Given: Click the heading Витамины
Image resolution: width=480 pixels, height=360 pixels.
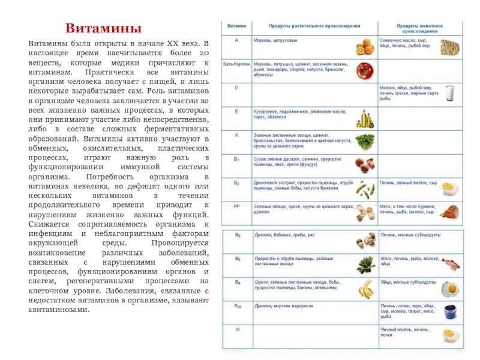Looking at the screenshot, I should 103,29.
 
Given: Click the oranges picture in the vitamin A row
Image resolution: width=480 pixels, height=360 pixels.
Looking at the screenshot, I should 364,47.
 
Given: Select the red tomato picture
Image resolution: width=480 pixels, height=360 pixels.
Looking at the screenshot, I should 364,71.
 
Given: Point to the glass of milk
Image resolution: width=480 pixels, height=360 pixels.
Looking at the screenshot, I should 449,93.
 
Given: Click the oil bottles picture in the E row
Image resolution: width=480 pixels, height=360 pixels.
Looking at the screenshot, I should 364,117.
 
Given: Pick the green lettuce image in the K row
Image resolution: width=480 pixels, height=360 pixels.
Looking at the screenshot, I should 364,141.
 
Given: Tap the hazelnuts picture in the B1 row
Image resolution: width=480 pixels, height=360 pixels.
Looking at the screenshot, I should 364,163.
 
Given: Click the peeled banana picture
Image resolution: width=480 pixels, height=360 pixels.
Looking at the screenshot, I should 365,289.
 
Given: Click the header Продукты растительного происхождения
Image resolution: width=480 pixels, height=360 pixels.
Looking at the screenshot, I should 314,26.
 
